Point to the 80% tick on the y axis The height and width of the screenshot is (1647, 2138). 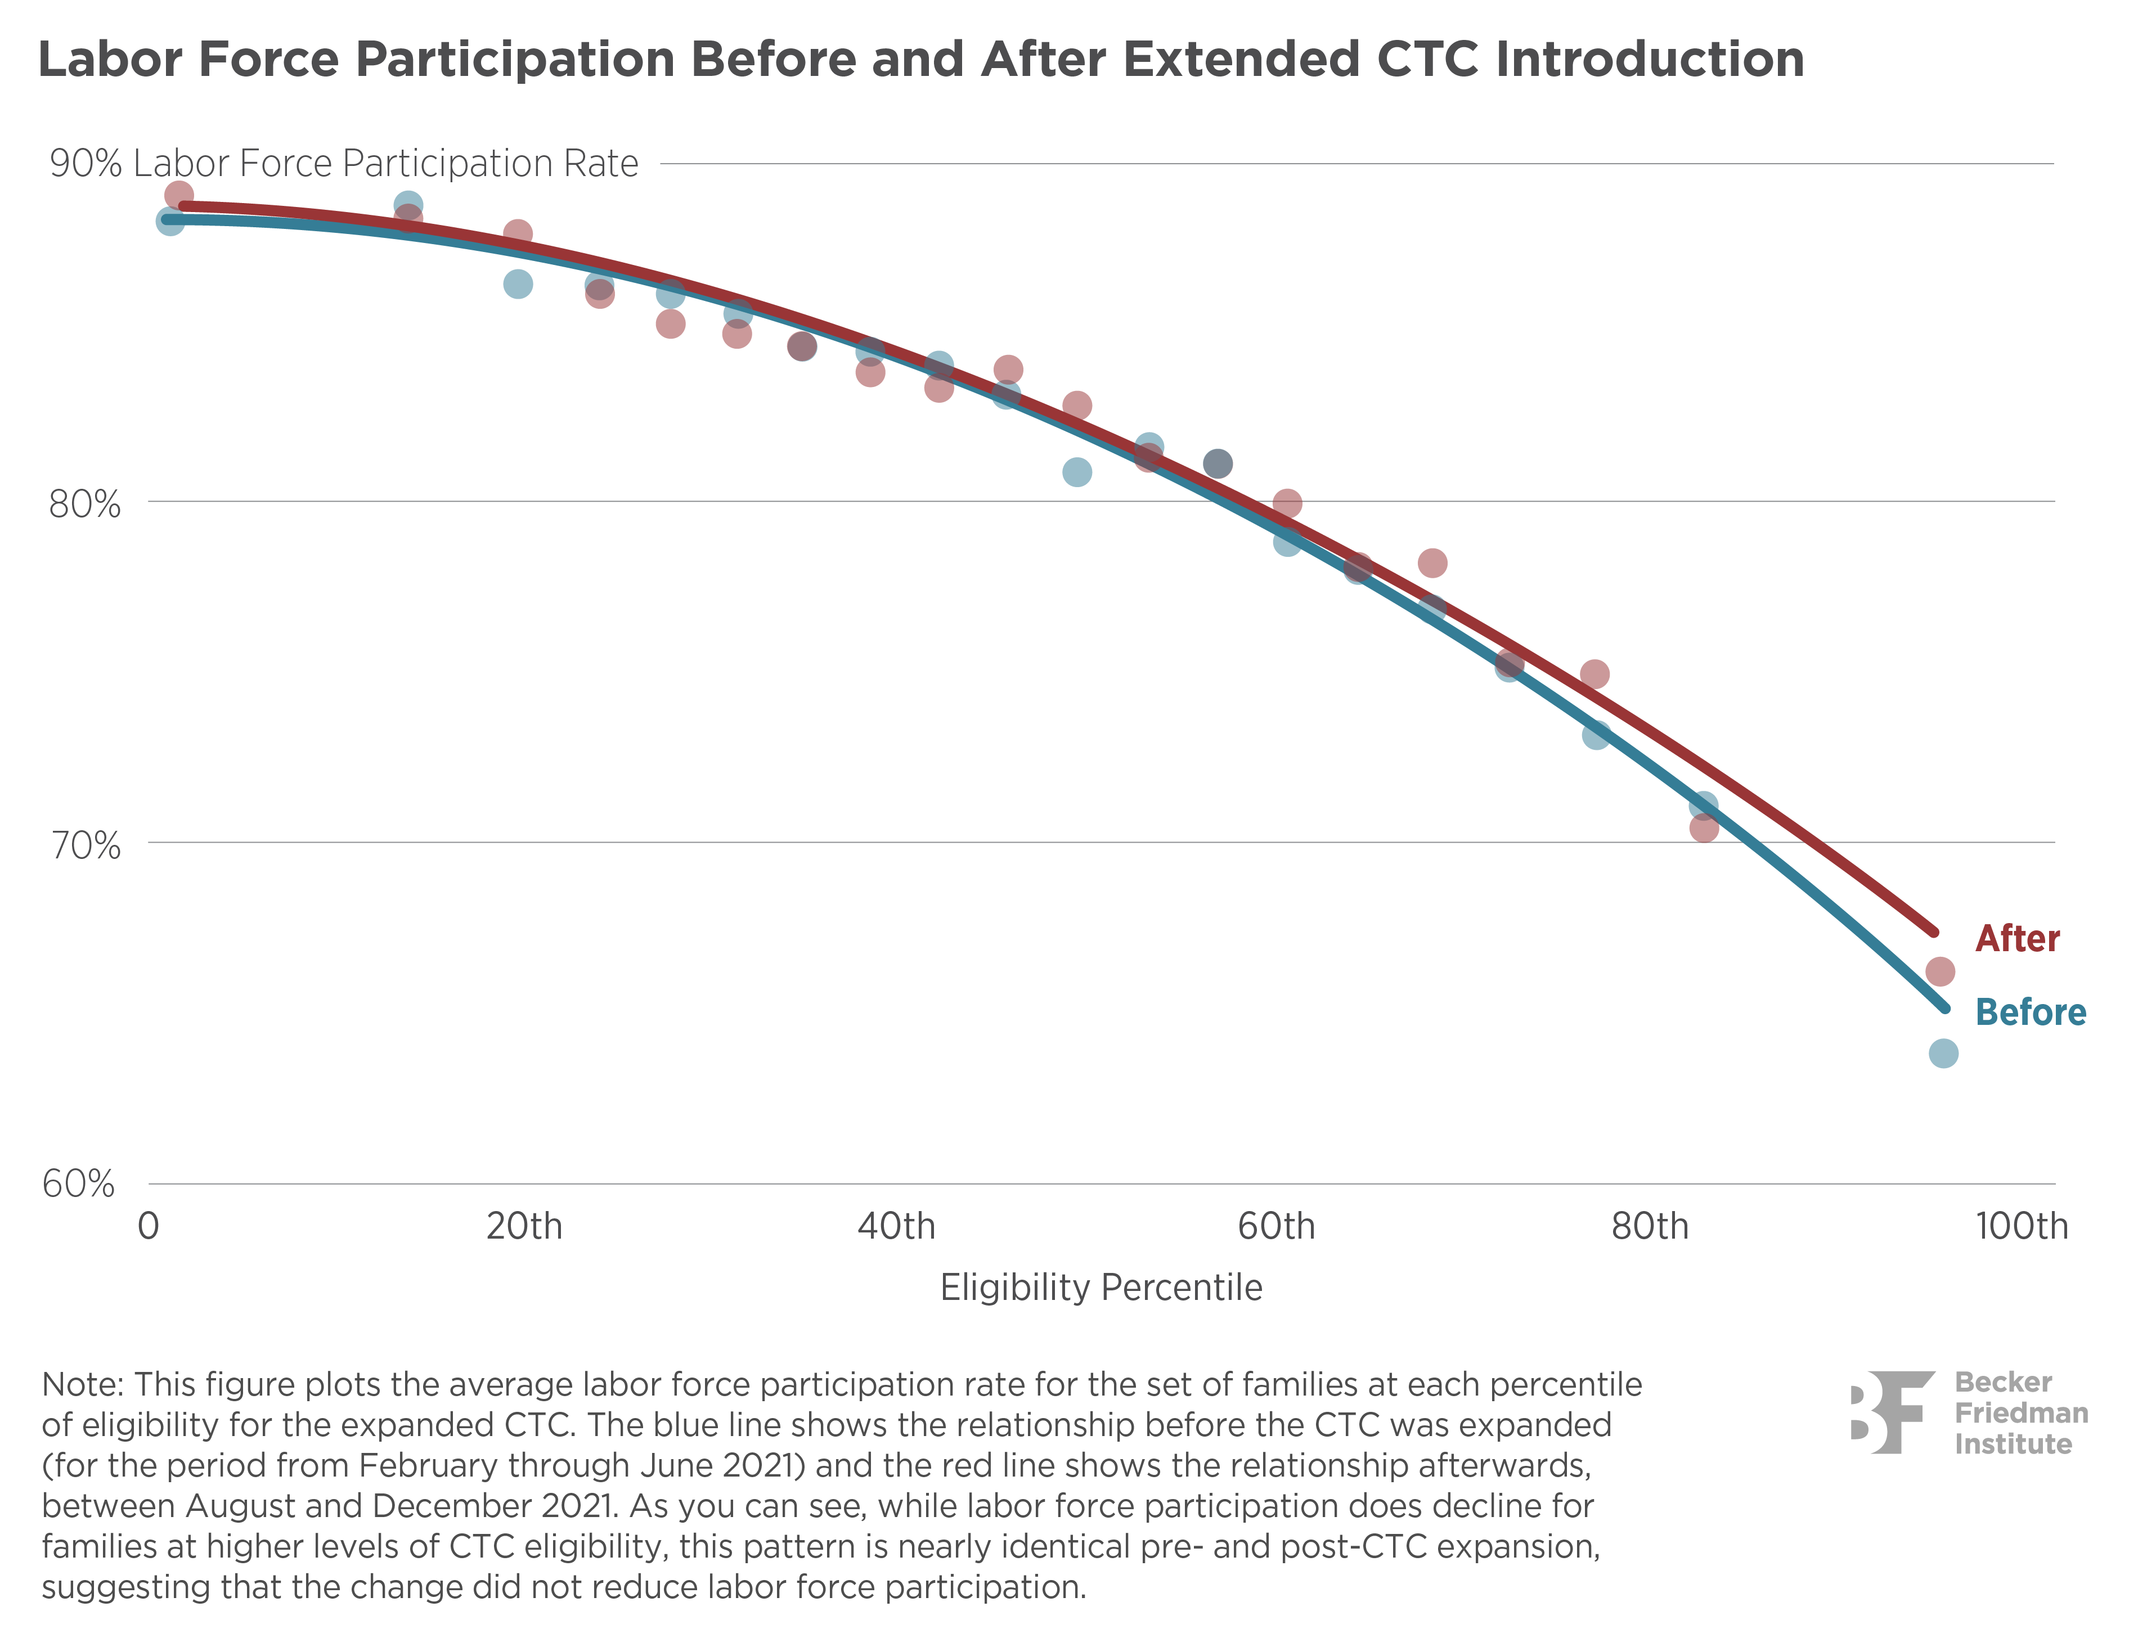click(x=84, y=505)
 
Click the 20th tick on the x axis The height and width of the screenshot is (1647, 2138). click(x=524, y=1226)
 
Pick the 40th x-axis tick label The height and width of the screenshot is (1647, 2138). click(x=896, y=1226)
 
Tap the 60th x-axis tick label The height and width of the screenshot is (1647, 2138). click(x=1275, y=1226)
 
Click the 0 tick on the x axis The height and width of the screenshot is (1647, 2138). click(x=148, y=1226)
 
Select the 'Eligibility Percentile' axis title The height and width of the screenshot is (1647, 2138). click(x=1101, y=1288)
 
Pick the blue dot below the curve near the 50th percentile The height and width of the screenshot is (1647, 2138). click(x=1077, y=472)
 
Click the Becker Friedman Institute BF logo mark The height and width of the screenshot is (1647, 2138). click(x=1892, y=1412)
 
